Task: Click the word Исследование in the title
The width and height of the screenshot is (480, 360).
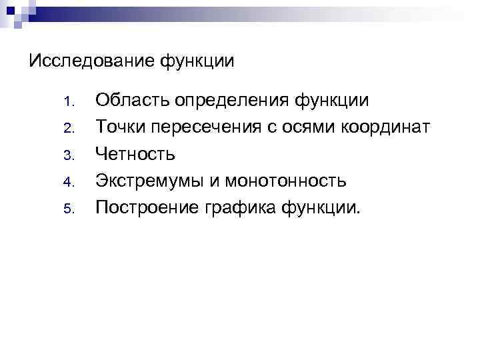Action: [92, 61]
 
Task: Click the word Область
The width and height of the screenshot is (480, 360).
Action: [133, 101]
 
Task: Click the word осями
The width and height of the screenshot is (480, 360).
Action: [304, 127]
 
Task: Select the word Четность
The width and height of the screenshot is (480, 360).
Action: [135, 154]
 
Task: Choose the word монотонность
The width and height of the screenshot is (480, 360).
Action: [286, 181]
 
